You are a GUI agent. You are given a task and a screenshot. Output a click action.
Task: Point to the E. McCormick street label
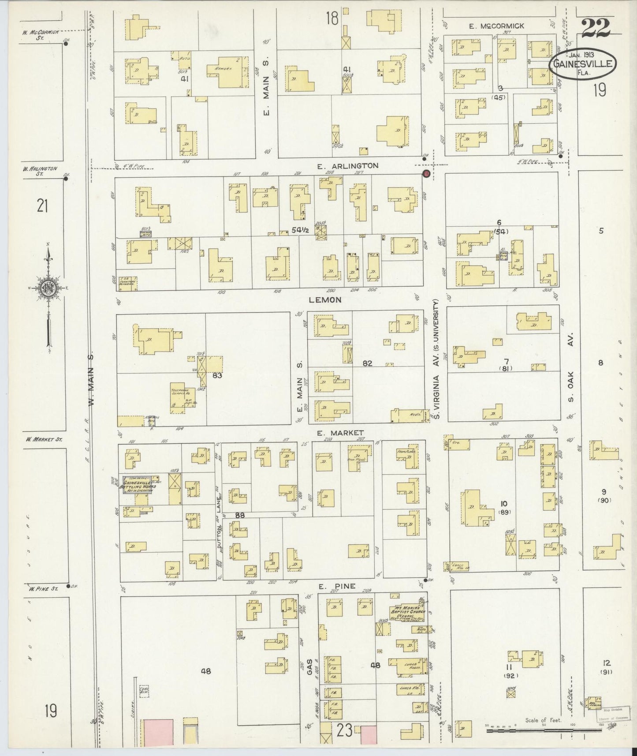click(x=496, y=26)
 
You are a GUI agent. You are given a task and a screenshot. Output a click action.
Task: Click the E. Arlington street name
click(x=348, y=166)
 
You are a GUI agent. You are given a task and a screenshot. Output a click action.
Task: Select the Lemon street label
click(x=325, y=300)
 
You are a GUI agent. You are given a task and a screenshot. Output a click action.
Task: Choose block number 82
click(x=367, y=363)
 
